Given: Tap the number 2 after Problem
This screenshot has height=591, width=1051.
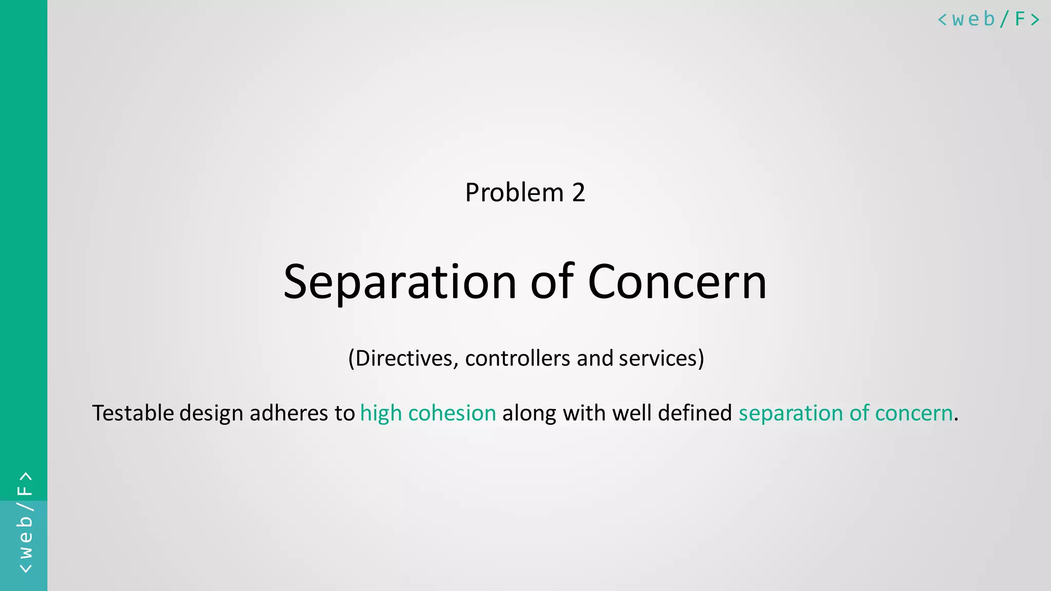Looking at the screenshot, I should (x=578, y=193).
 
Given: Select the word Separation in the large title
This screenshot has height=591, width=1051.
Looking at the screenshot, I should (x=400, y=282).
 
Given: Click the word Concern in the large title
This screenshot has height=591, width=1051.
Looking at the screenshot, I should (x=677, y=282).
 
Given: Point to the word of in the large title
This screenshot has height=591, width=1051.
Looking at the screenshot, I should (x=552, y=282).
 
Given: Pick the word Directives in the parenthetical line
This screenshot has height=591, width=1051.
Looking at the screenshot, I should (x=403, y=358).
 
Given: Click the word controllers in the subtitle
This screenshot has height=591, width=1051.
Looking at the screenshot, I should (x=518, y=358).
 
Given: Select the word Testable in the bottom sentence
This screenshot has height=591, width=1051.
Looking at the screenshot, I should (x=133, y=413).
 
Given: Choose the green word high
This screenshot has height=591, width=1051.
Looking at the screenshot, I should (x=381, y=413).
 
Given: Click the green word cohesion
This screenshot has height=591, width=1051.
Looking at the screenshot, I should (x=452, y=413).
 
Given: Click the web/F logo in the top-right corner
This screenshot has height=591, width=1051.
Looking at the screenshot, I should (x=988, y=19).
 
